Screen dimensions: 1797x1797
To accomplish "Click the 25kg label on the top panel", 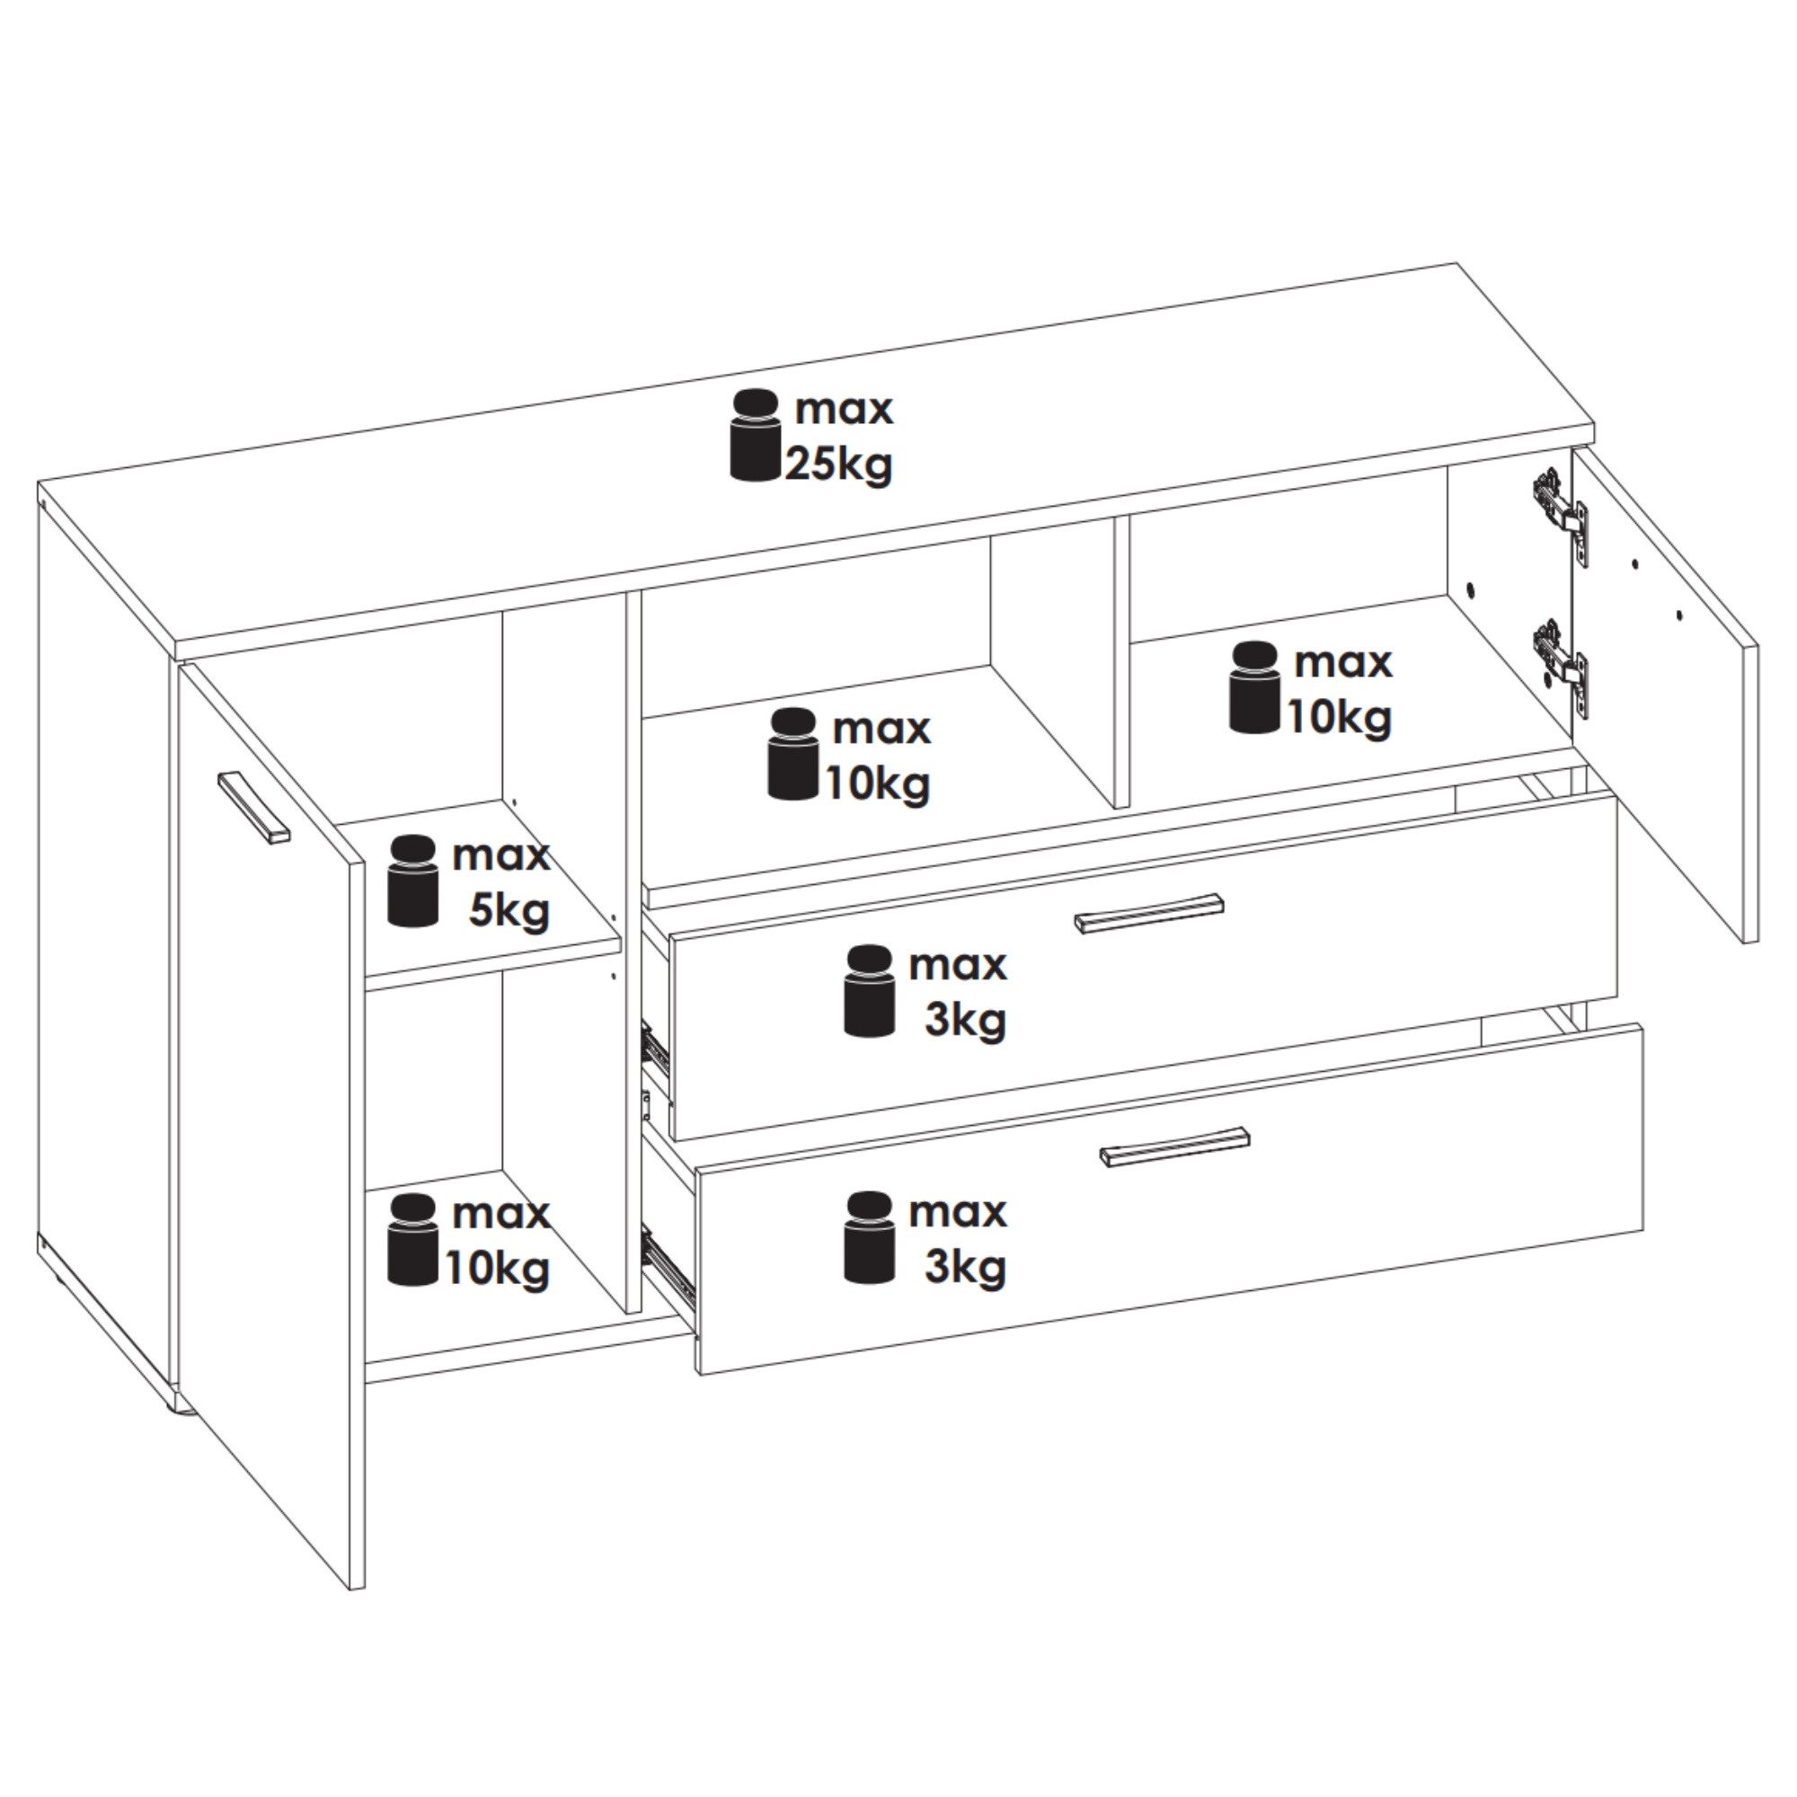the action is coord(839,464).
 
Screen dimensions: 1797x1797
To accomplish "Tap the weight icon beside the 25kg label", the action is coord(755,435).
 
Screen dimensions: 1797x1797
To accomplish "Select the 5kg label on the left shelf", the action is coord(509,911).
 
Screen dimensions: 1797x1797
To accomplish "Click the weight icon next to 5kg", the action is coord(413,880).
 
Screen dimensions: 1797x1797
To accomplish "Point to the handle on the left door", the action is coord(254,808).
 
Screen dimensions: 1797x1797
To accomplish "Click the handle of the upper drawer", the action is coord(1148,911).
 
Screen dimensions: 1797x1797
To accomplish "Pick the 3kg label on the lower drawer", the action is coord(966,1267).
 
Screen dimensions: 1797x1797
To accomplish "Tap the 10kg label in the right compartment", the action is coord(1340,717).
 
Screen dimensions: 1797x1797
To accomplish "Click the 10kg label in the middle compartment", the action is coord(878,784).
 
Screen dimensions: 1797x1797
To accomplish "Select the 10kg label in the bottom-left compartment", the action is coord(498,1269).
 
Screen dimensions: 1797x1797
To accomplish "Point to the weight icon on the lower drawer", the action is coord(870,1236).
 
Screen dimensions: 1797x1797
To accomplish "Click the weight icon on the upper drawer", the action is coord(870,990).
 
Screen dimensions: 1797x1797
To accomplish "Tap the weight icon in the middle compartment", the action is coord(793,754).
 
